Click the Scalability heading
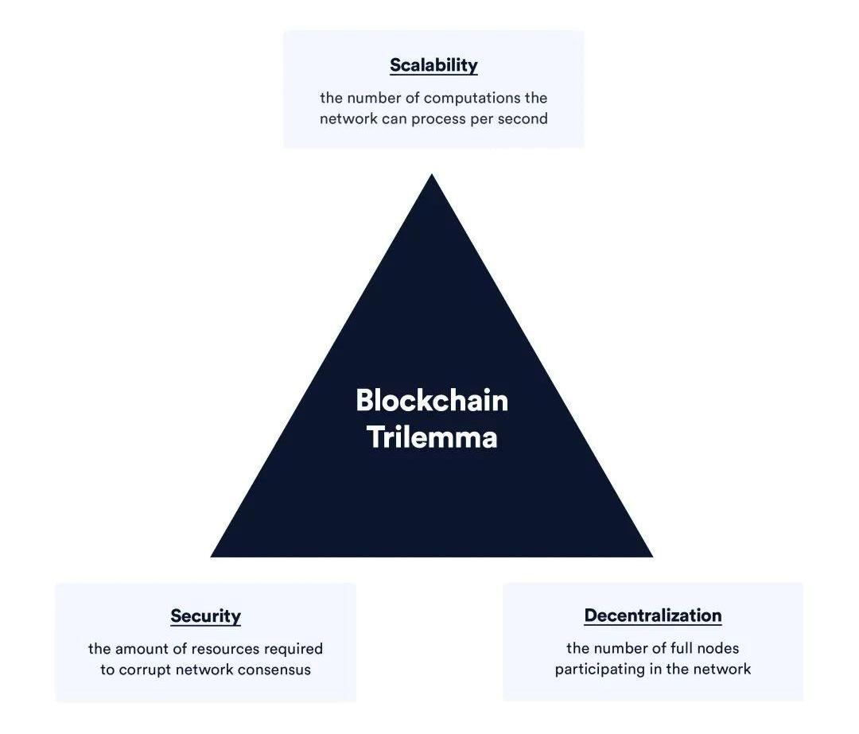click(x=433, y=65)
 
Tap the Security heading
click(x=205, y=616)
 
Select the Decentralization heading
click(x=653, y=615)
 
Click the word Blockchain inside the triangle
click(x=432, y=400)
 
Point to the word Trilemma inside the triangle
click(x=432, y=437)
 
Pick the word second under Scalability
click(x=522, y=118)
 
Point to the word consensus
click(x=272, y=670)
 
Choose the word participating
click(x=598, y=670)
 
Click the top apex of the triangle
click(x=432, y=176)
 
